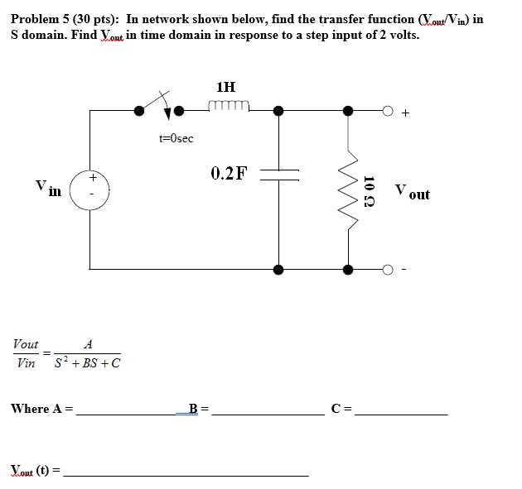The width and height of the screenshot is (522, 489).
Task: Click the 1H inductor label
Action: (x=225, y=86)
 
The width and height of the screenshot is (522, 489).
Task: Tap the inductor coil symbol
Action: (x=230, y=105)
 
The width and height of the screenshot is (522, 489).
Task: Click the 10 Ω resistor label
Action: (x=370, y=192)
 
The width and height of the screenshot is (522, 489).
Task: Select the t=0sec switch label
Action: (x=176, y=138)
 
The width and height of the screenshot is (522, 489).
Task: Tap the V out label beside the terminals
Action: (x=412, y=192)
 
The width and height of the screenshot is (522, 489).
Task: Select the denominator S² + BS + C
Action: (x=87, y=363)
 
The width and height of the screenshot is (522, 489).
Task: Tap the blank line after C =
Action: (x=401, y=413)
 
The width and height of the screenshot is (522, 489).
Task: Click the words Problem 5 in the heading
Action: (x=39, y=19)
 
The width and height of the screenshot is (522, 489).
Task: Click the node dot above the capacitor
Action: (x=279, y=110)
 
